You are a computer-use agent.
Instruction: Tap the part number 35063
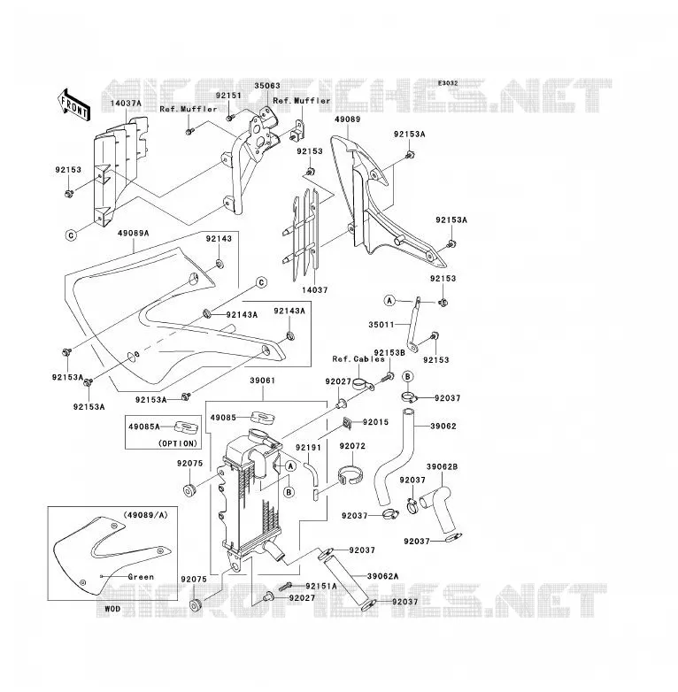pyautogui.click(x=267, y=86)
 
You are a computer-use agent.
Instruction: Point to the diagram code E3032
pyautogui.click(x=448, y=83)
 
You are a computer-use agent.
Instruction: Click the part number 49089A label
pyautogui.click(x=134, y=233)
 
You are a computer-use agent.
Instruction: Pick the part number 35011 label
pyautogui.click(x=381, y=325)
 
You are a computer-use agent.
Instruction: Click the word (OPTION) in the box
pyautogui.click(x=177, y=443)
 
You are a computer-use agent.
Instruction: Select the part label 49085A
pyautogui.click(x=144, y=427)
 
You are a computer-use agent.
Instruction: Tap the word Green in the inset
pyautogui.click(x=141, y=576)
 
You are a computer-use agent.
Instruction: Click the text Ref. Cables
pyautogui.click(x=358, y=358)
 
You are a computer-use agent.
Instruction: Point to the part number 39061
pyautogui.click(x=262, y=380)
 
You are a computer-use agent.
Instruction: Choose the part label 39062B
pyautogui.click(x=442, y=466)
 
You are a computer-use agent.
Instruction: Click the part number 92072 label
pyautogui.click(x=352, y=446)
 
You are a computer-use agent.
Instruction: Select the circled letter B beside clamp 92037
pyautogui.click(x=408, y=376)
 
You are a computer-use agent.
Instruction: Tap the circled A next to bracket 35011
pyautogui.click(x=389, y=301)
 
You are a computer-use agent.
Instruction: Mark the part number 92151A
pyautogui.click(x=321, y=586)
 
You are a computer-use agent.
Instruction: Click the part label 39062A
pyautogui.click(x=382, y=576)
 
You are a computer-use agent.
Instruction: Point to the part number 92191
pyautogui.click(x=309, y=448)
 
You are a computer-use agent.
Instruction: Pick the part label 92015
pyautogui.click(x=375, y=422)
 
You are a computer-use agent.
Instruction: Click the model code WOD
pyautogui.click(x=112, y=609)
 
